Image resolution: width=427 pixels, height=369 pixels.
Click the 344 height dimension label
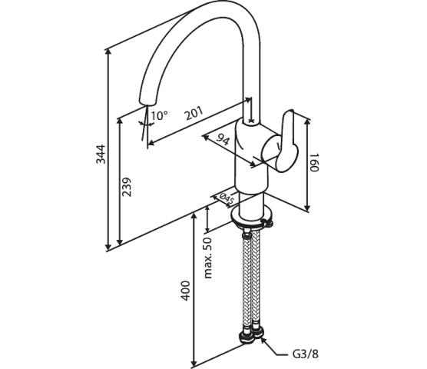point(101,154)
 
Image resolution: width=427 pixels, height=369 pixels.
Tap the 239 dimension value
point(127,187)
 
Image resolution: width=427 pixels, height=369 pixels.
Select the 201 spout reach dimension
point(194,113)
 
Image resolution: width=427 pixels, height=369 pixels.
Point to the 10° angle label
point(159,115)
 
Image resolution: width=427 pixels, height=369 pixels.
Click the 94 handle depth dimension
point(223,140)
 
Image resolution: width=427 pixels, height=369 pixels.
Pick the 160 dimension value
point(314,162)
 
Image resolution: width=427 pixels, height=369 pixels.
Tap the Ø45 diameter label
point(227,199)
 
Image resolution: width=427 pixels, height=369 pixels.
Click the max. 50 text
point(208,258)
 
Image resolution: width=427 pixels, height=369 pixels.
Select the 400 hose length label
point(185,291)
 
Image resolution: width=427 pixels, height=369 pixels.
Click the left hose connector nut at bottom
point(247,337)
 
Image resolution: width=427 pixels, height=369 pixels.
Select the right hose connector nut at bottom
point(257,333)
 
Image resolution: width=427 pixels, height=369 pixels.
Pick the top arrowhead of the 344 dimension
point(108,52)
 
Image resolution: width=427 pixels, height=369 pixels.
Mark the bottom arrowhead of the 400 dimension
point(194,363)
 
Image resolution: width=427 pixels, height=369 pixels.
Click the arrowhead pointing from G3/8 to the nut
point(263,341)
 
